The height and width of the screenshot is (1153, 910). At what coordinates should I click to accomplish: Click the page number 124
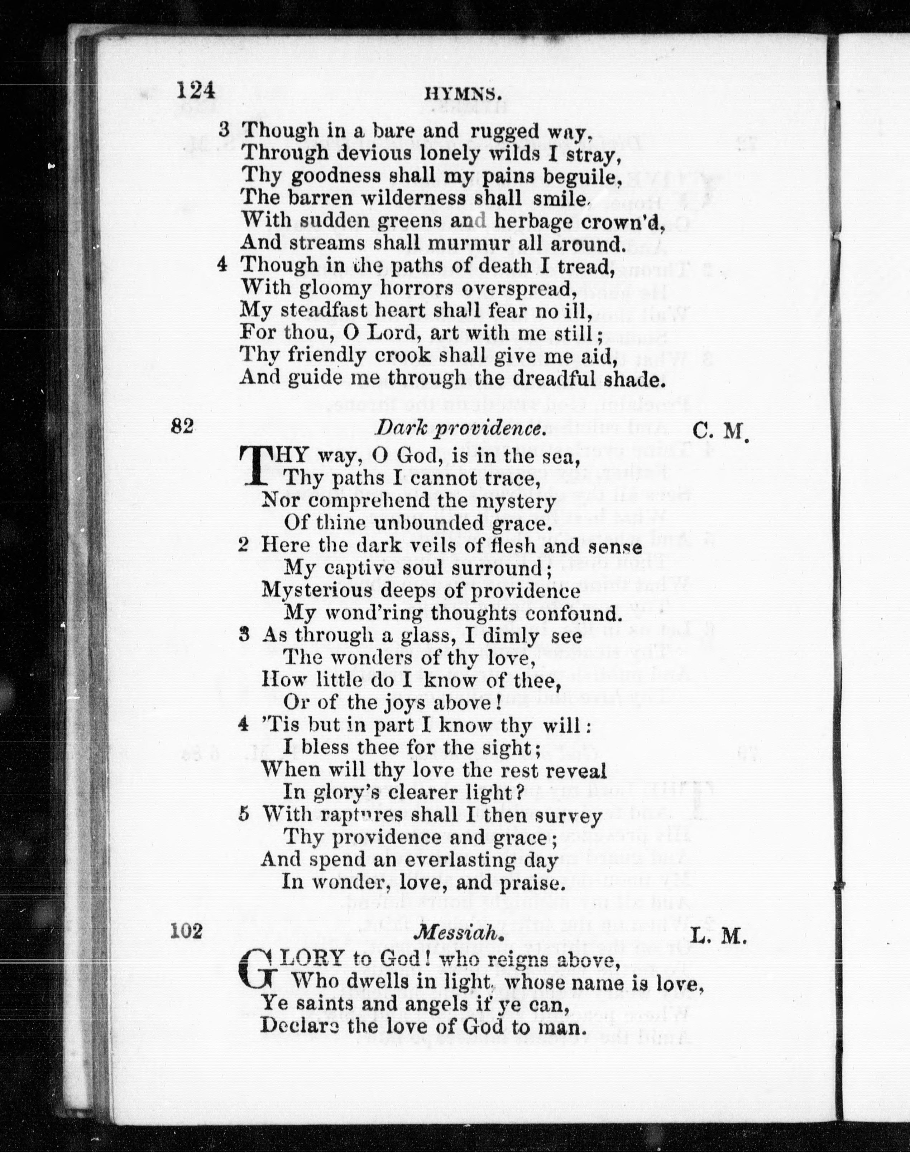[x=196, y=91]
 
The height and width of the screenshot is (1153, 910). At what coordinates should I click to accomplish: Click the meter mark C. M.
[x=721, y=430]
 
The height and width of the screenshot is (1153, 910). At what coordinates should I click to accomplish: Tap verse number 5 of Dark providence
[x=244, y=816]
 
